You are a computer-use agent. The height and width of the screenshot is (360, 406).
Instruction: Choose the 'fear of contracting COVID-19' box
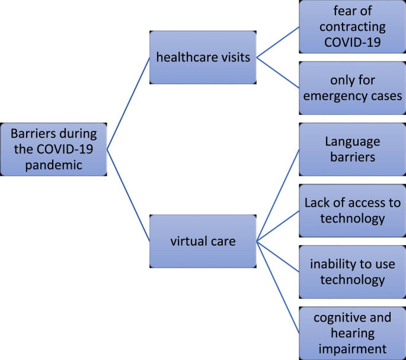[350, 27]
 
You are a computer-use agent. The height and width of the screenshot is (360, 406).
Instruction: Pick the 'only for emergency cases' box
[350, 88]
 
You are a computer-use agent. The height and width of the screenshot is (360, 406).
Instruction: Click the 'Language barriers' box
[350, 149]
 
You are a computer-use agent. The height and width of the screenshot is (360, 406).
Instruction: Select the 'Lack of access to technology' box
[350, 211]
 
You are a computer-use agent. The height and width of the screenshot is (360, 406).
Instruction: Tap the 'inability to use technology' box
[350, 272]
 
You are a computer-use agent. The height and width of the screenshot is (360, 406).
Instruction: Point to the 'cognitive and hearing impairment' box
[350, 332]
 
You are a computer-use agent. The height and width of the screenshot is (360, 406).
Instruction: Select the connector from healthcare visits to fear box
[277, 42]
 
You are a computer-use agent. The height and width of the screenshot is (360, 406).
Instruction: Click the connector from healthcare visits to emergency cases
[277, 73]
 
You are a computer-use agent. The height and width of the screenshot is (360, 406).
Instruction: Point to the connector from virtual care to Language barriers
[277, 195]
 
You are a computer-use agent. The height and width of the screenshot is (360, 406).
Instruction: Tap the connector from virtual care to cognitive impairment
[277, 286]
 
